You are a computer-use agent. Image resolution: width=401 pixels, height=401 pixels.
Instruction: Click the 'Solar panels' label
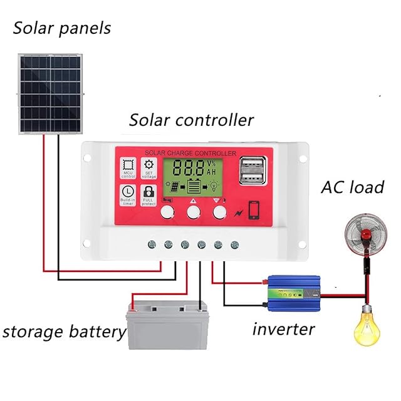point(61,28)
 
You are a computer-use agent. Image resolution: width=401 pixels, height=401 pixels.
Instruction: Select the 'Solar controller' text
point(191,120)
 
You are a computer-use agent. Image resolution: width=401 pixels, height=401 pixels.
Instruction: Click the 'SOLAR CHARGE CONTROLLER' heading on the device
point(190,153)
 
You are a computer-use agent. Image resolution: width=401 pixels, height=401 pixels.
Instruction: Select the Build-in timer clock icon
point(128,194)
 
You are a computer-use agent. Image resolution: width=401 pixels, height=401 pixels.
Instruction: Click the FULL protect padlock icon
point(148,194)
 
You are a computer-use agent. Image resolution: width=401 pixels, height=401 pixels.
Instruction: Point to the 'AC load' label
point(352,188)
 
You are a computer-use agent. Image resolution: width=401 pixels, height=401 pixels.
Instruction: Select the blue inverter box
point(293,293)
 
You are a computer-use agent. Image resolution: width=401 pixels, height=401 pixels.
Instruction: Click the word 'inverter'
point(283,328)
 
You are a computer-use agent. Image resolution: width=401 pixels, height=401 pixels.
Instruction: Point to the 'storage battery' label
point(64,331)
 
